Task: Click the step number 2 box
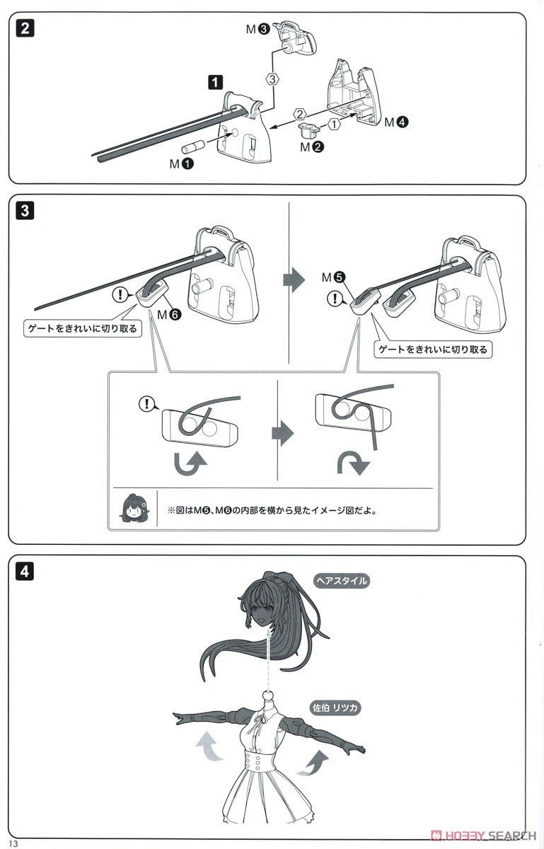(25, 28)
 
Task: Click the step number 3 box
(25, 210)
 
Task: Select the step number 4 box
(25, 571)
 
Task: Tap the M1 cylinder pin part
(193, 146)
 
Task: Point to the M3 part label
(257, 29)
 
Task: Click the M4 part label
(396, 122)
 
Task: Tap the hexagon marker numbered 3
(272, 79)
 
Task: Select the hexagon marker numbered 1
(334, 124)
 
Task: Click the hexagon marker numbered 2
(299, 114)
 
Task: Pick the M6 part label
(169, 314)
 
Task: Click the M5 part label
(334, 278)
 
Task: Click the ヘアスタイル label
(342, 581)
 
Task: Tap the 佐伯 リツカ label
(335, 707)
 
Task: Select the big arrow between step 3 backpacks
(294, 280)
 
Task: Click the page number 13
(13, 843)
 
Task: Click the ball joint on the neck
(268, 695)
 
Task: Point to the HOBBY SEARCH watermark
(484, 836)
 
